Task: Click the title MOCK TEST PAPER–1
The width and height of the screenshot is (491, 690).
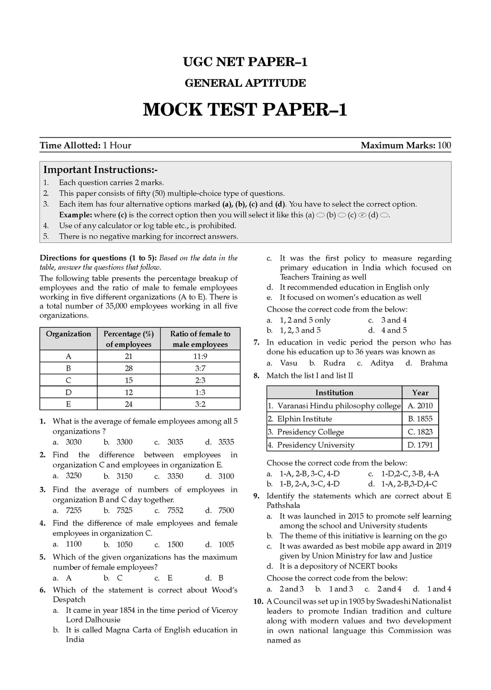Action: point(245,110)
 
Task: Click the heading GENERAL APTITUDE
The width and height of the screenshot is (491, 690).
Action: point(245,83)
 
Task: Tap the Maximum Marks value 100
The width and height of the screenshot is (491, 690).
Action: point(444,145)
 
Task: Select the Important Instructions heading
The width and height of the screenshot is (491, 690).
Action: point(101,170)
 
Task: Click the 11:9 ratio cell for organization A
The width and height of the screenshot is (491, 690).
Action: point(200,356)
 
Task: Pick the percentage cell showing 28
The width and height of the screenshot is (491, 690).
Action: point(128,368)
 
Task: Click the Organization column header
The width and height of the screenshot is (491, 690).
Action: point(68,334)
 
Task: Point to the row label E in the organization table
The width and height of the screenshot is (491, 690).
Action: point(68,404)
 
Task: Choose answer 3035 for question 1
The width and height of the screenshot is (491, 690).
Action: point(175,442)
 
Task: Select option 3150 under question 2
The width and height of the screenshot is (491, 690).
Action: point(124,476)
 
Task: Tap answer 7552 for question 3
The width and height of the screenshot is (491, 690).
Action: point(175,510)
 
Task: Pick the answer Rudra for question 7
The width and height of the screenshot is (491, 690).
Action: point(334,363)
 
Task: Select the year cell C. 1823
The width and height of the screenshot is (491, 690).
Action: point(420,432)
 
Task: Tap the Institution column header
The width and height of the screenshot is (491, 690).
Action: point(334,392)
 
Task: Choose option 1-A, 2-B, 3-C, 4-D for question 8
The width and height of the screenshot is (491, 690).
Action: point(309,473)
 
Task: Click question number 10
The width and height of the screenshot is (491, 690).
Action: point(258,601)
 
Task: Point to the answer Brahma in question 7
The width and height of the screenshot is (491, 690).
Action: point(433,363)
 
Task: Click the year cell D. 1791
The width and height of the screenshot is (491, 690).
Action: point(420,445)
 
